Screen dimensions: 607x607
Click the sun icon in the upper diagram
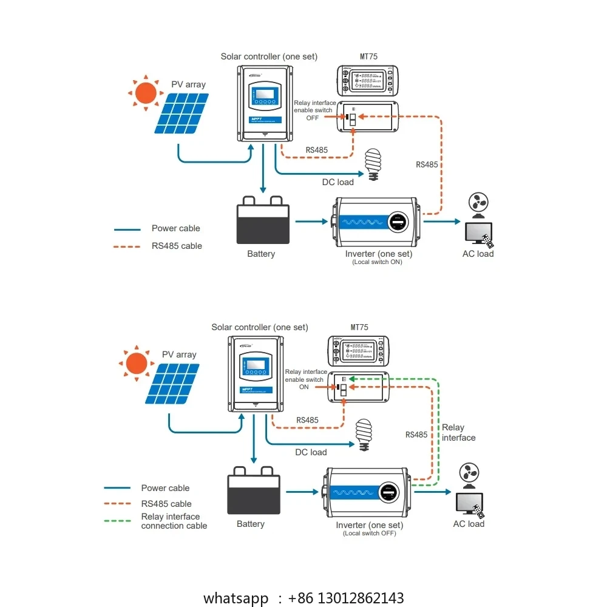coord(146,93)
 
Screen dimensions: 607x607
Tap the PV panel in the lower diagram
coord(175,384)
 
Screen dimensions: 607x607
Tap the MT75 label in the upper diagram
coord(368,56)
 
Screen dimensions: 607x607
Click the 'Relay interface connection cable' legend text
coord(174,521)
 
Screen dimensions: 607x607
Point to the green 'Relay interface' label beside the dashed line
coord(458,432)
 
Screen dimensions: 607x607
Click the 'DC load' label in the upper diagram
coord(337,182)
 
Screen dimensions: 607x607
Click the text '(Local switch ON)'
coord(378,262)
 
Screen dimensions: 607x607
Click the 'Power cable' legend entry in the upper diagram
coord(175,228)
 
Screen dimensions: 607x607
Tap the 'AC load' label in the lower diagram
coord(469,524)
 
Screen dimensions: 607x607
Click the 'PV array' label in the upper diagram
coord(188,84)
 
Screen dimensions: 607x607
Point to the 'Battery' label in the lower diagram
coord(250,524)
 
